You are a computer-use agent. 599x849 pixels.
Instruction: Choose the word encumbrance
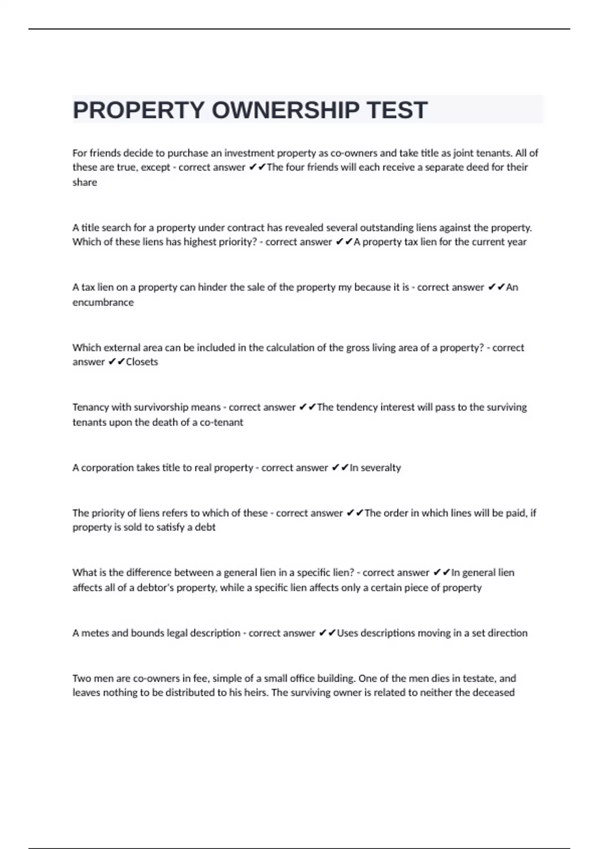[x=103, y=302]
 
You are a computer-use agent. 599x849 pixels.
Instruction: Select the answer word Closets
[x=142, y=362]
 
